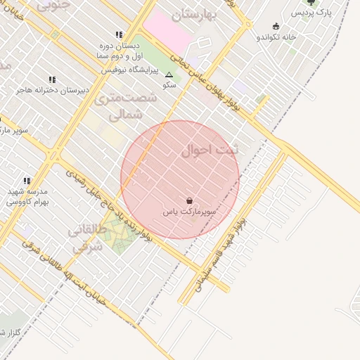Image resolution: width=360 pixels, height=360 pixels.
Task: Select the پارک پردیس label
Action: [311, 13]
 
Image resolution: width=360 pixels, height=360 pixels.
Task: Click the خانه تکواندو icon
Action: [276, 26]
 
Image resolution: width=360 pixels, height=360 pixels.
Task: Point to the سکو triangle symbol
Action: [169, 75]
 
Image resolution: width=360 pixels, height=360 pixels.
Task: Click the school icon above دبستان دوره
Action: [119, 34]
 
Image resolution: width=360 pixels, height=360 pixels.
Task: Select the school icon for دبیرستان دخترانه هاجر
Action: [51, 80]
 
